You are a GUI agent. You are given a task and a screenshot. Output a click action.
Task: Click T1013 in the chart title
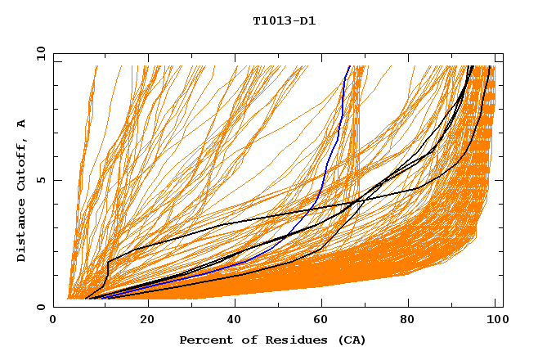pyautogui.click(x=270, y=20)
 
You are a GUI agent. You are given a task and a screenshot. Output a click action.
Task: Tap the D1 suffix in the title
pyautogui.click(x=307, y=20)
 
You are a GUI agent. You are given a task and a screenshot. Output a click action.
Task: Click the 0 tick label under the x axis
pyautogui.click(x=53, y=320)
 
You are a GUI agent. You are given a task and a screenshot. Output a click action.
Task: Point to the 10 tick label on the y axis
pyautogui.click(x=38, y=54)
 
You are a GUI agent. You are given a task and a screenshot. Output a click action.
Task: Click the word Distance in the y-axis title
pyautogui.click(x=21, y=232)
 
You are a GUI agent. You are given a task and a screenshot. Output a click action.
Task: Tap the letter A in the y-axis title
pyautogui.click(x=21, y=124)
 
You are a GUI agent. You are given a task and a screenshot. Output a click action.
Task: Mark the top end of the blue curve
pyautogui.click(x=350, y=66)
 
